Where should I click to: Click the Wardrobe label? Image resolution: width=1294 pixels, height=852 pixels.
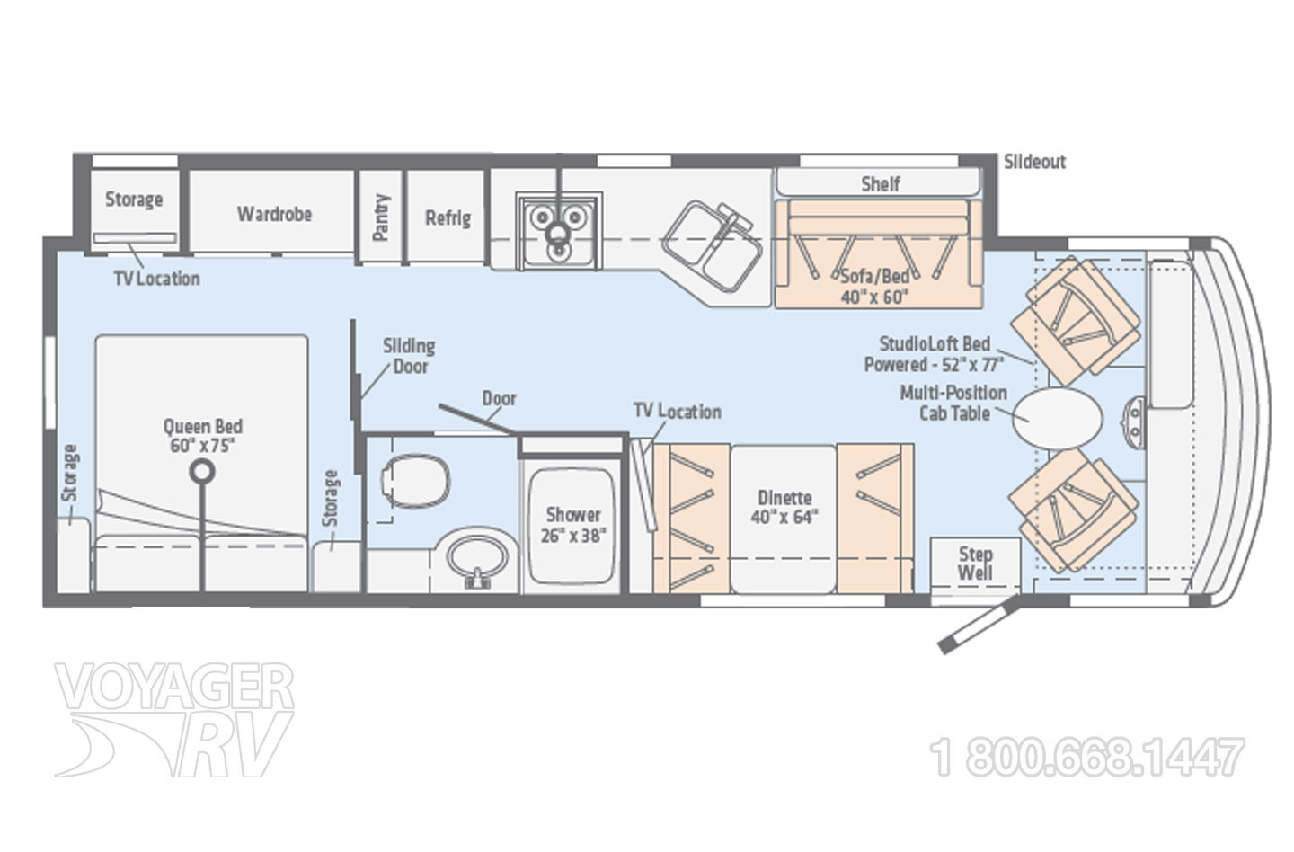[x=274, y=214]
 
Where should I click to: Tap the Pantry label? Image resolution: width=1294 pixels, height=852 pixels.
[x=381, y=217]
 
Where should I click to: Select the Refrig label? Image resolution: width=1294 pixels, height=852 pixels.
[x=448, y=218]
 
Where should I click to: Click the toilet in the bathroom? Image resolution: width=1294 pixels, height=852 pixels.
[x=415, y=481]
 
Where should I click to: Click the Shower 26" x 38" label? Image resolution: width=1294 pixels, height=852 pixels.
[x=573, y=525]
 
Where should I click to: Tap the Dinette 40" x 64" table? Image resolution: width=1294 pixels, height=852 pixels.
[x=784, y=519]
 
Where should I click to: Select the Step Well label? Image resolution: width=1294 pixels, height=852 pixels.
[x=976, y=564]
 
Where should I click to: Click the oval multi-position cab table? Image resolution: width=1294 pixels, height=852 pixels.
[x=1058, y=419]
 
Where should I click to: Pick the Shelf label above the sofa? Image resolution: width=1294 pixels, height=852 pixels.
[x=881, y=184]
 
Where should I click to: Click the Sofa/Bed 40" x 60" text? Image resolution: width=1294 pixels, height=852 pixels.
[x=874, y=287]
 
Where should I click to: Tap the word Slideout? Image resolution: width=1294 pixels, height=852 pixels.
[x=1034, y=163]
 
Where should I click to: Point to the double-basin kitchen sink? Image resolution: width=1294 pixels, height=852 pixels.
[x=713, y=246]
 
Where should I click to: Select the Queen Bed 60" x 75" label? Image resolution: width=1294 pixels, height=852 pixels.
[x=203, y=436]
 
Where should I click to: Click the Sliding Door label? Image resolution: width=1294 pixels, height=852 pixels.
[x=409, y=356]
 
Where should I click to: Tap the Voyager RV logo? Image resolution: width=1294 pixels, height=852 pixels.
[x=174, y=719]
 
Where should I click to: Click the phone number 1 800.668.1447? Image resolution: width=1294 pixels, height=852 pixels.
[x=1087, y=756]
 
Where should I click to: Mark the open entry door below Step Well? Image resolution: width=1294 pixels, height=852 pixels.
[x=979, y=626]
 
